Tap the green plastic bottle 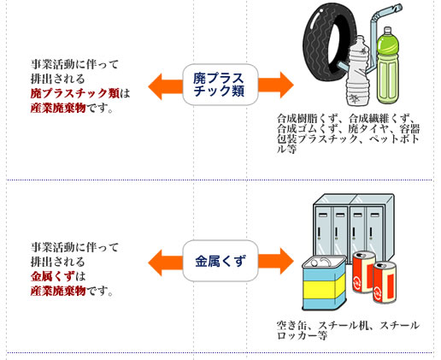click(x=388, y=66)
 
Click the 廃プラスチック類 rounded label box click(x=220, y=85)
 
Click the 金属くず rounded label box click(x=220, y=261)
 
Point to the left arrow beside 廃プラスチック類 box click(x=165, y=86)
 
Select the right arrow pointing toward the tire click(x=276, y=85)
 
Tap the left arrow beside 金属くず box click(x=165, y=263)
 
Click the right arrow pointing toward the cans click(x=276, y=261)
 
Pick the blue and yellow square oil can click(x=324, y=283)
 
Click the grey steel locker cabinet click(x=354, y=225)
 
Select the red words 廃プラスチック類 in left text click(x=75, y=93)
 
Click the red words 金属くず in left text click(x=53, y=276)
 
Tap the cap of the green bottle click(x=388, y=31)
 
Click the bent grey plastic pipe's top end click(x=398, y=8)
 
